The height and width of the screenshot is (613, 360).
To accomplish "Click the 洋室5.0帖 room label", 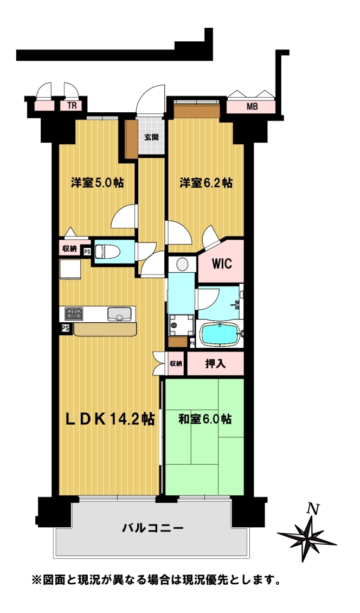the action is tap(98, 183).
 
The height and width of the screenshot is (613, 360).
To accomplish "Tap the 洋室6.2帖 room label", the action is tap(206, 183).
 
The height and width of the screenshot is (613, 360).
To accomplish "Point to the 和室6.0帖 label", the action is tap(205, 419).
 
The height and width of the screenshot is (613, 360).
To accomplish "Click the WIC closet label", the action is tap(222, 263).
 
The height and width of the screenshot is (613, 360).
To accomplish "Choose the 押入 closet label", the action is tap(215, 364).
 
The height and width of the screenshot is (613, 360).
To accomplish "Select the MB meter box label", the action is tap(252, 106).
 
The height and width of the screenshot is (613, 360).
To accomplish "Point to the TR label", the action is tap(72, 105).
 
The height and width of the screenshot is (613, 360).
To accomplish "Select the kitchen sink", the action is tap(119, 314).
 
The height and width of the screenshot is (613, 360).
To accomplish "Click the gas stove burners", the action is tap(74, 313).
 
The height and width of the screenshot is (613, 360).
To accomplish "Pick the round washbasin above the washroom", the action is tap(182, 265).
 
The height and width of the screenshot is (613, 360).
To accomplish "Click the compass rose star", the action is tap(307, 540).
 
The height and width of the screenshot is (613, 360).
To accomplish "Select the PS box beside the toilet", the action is tap(87, 252).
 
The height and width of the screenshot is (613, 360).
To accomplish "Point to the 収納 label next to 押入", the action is tap(176, 363).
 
